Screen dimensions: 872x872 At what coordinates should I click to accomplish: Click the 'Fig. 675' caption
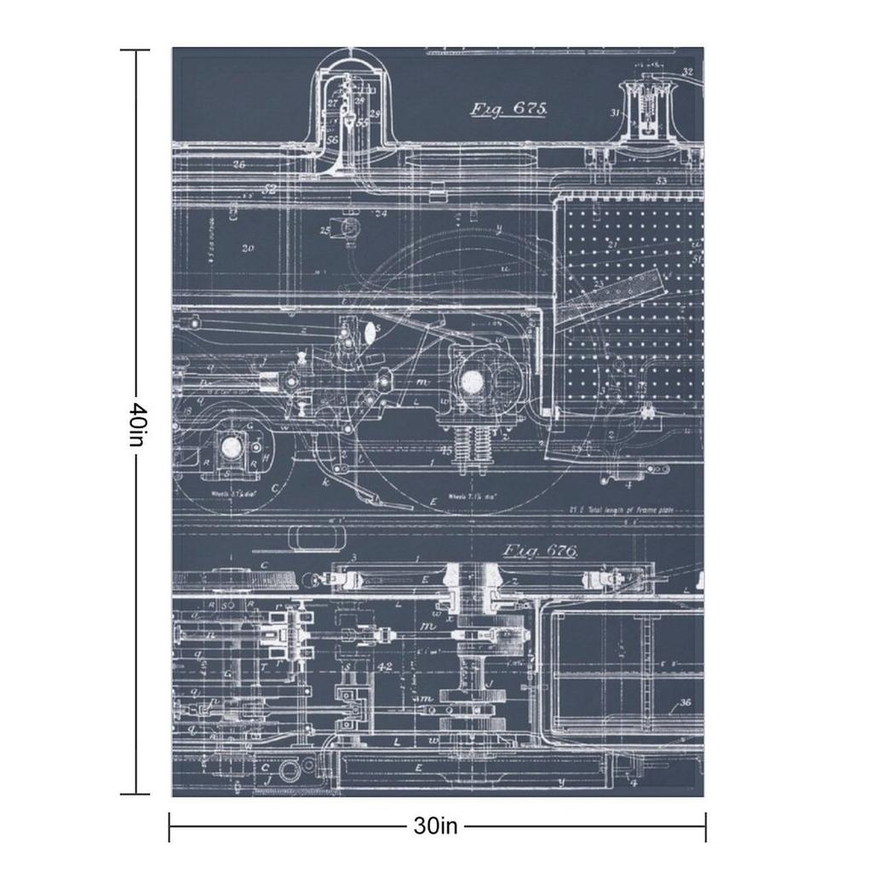[508, 108]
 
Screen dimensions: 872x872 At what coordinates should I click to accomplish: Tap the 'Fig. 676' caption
[540, 551]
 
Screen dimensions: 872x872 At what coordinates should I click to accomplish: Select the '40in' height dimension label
[136, 423]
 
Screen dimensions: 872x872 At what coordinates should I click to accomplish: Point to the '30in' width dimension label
[436, 825]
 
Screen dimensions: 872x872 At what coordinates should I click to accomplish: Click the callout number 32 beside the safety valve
[687, 72]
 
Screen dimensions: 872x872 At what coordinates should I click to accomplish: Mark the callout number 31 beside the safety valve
[614, 112]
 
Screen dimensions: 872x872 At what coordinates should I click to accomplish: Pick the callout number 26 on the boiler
[238, 164]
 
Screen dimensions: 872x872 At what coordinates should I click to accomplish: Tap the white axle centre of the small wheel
[230, 445]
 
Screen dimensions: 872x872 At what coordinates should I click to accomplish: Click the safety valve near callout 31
[648, 111]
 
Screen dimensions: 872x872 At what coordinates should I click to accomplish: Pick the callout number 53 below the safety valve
[662, 181]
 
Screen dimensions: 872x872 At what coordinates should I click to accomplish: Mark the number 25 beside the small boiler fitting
[325, 230]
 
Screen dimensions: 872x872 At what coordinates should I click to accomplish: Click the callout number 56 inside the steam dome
[332, 139]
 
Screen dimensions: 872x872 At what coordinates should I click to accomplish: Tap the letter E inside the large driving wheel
[433, 502]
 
